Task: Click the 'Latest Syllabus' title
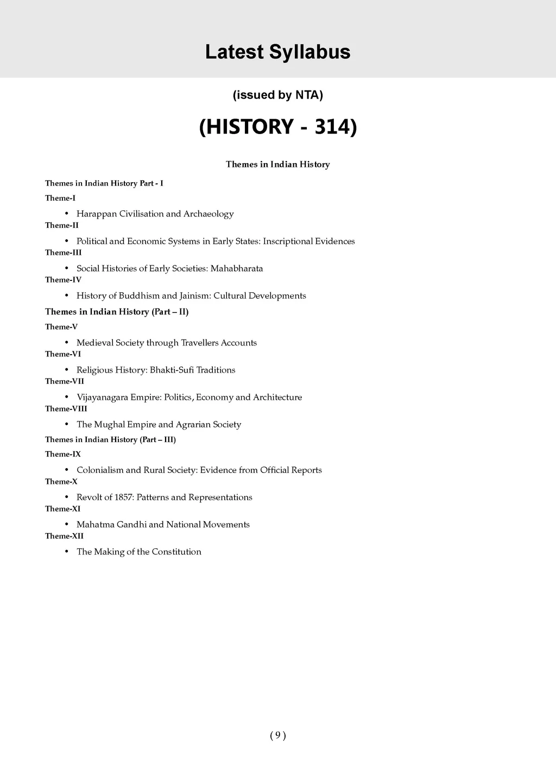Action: tap(277, 52)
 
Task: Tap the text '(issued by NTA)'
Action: tap(277, 95)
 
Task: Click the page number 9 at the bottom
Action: tap(277, 735)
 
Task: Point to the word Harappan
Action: tap(97, 214)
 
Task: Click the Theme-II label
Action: tap(62, 226)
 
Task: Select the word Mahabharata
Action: tap(237, 268)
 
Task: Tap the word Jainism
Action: tap(195, 296)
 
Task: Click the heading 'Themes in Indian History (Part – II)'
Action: tap(117, 312)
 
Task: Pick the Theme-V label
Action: tap(61, 327)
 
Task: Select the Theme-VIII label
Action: tap(66, 409)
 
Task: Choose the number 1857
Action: tap(124, 497)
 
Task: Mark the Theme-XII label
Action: tap(64, 536)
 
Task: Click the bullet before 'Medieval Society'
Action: tap(66, 343)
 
